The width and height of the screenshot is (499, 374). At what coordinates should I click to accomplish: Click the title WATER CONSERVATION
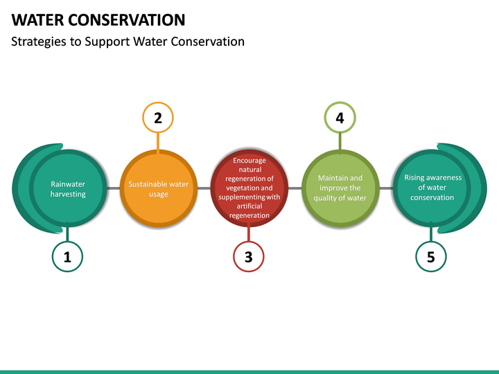click(x=98, y=19)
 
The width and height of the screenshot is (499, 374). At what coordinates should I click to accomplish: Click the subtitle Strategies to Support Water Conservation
click(x=128, y=42)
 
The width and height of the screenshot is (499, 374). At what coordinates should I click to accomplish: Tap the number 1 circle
click(x=67, y=257)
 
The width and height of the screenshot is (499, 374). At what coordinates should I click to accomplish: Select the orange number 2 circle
click(x=158, y=118)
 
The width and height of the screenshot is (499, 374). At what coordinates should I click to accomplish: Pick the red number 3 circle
click(x=249, y=257)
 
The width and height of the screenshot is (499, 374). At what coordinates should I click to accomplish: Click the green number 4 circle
click(x=340, y=118)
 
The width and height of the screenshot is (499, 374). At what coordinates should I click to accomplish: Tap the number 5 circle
click(x=430, y=257)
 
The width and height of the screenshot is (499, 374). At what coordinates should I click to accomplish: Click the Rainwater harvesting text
click(x=68, y=189)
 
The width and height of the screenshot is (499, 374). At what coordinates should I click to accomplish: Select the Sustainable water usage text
click(x=158, y=189)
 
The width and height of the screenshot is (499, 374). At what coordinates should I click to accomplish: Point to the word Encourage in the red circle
click(x=249, y=161)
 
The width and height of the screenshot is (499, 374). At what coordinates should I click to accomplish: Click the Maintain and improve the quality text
click(x=340, y=188)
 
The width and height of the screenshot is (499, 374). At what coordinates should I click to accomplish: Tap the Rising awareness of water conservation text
click(x=432, y=188)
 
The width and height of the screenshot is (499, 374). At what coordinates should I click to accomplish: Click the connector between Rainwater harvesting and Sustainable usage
click(x=114, y=188)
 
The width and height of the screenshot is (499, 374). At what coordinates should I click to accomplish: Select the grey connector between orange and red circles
click(x=204, y=188)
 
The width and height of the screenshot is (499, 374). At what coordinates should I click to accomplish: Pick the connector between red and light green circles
click(x=295, y=188)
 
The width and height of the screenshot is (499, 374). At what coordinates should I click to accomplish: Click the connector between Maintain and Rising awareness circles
click(x=385, y=188)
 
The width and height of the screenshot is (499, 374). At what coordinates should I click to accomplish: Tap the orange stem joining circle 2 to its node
click(x=158, y=142)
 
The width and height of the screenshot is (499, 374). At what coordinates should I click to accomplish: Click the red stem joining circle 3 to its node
click(x=249, y=234)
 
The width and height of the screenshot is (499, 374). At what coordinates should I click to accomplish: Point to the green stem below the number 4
click(x=340, y=141)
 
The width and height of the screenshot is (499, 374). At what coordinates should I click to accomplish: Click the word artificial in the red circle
click(x=249, y=206)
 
